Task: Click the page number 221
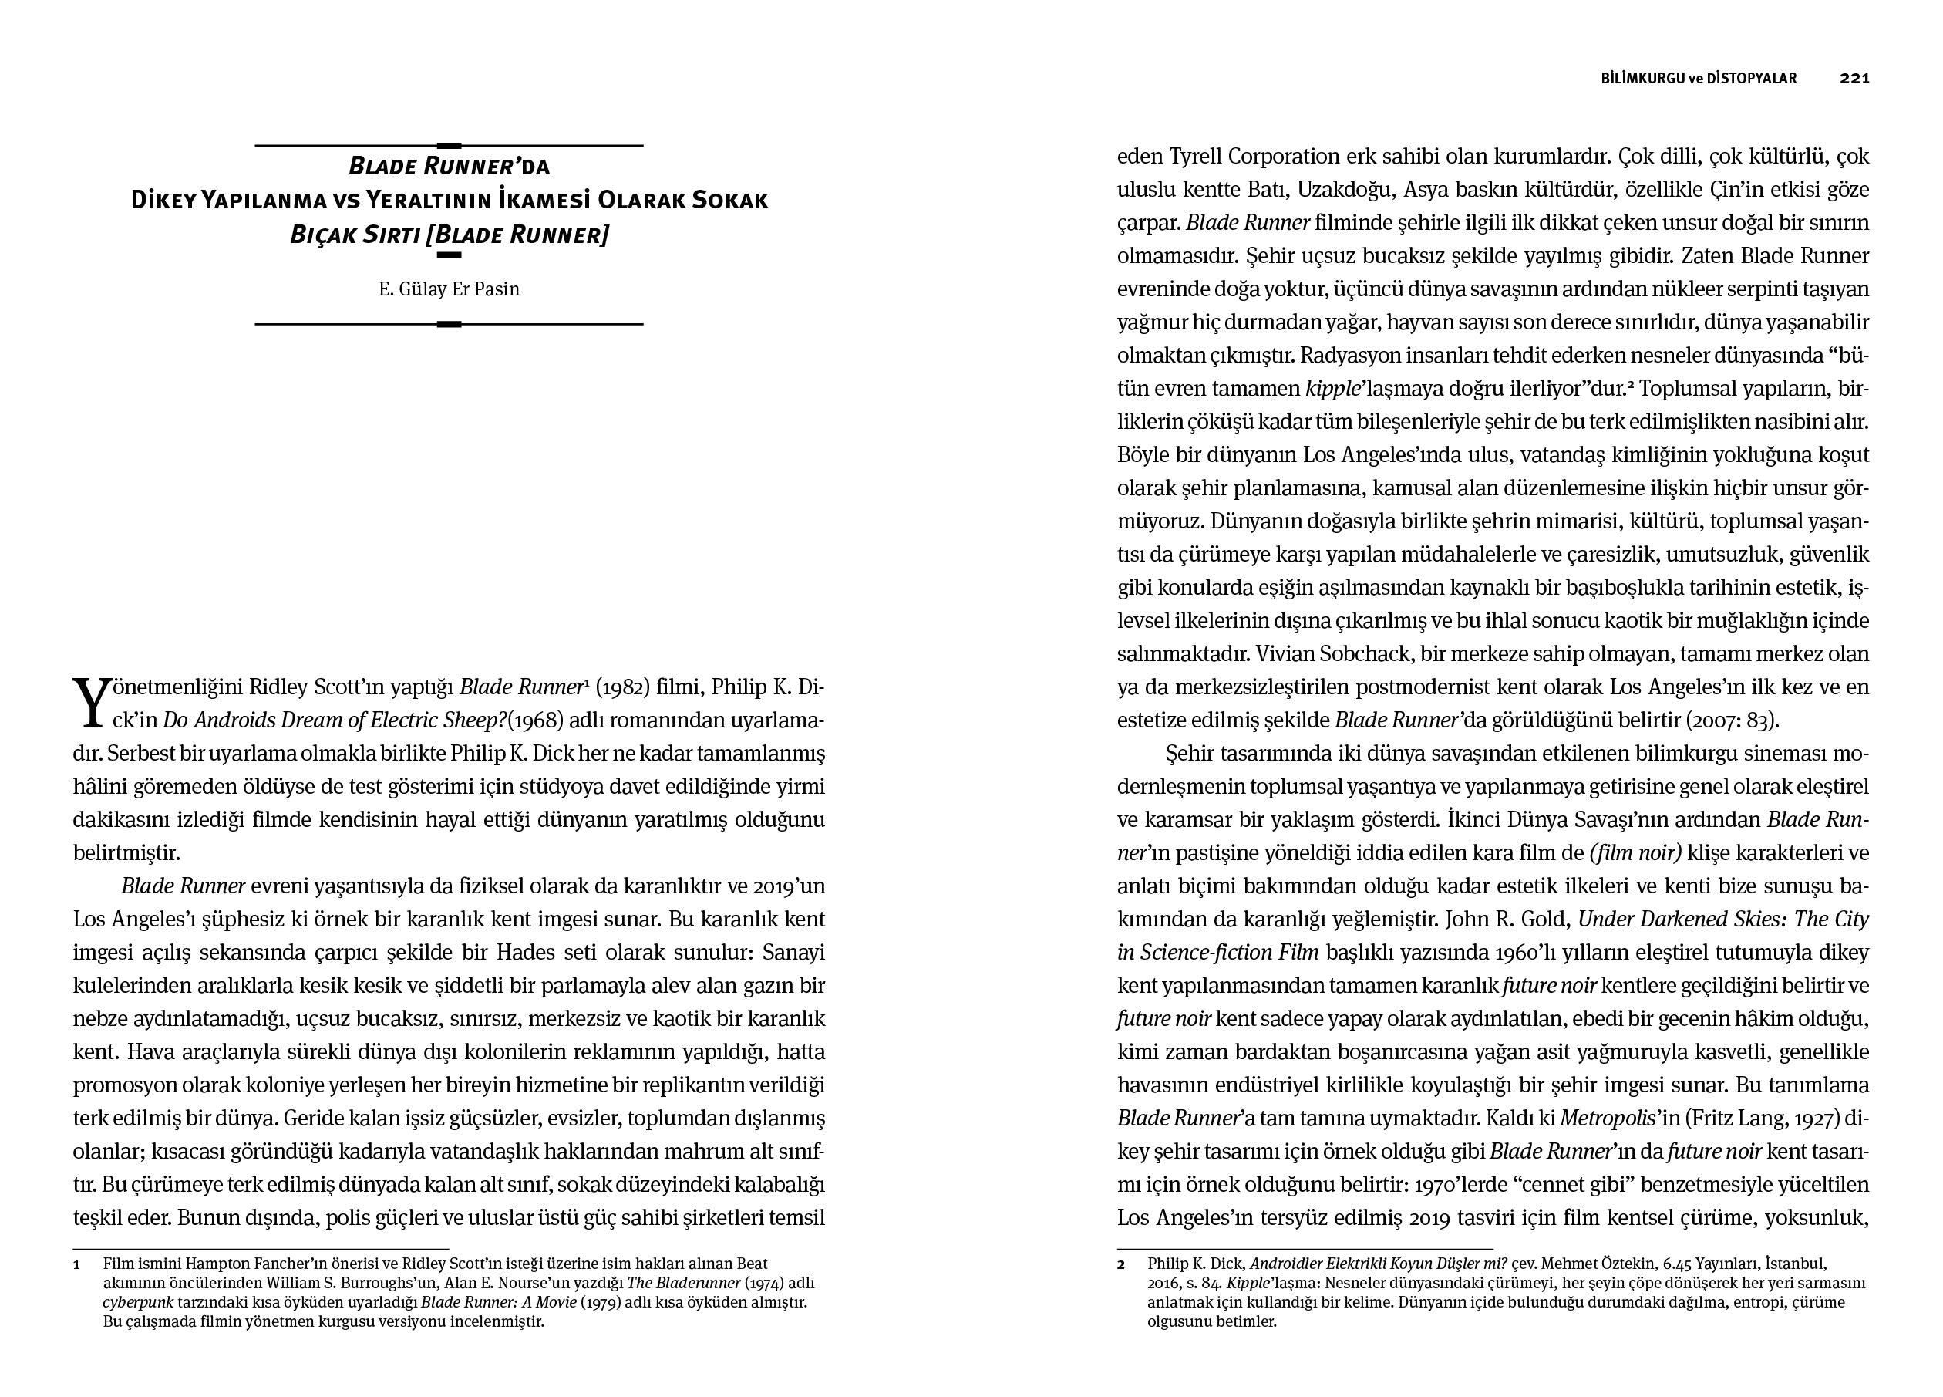click(x=1854, y=78)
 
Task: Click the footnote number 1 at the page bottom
click(x=76, y=1264)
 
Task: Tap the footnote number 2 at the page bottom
click(x=1120, y=1264)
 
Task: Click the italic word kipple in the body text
click(x=1333, y=388)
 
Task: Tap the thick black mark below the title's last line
click(x=449, y=255)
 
